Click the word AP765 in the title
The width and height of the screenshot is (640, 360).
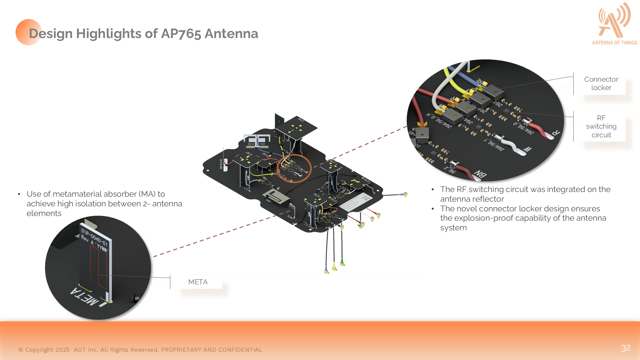(181, 34)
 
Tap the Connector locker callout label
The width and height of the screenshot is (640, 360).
(601, 83)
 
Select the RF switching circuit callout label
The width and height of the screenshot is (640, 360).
(601, 126)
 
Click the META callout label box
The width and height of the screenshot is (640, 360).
(198, 282)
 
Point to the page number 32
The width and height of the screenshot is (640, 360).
(626, 348)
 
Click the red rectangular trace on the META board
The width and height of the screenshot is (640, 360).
(99, 267)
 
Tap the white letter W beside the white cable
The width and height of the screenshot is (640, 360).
(527, 149)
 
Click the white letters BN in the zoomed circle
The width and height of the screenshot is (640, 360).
(480, 174)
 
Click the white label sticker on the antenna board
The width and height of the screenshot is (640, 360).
(356, 202)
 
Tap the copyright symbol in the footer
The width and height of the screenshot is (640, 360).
(21, 350)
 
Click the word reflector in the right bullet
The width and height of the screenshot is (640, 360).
(488, 199)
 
